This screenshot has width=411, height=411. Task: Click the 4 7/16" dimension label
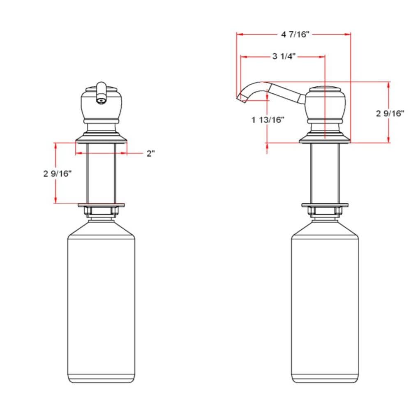click(294, 35)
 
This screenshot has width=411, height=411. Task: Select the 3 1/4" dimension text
click(284, 56)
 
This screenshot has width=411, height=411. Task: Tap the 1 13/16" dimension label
click(268, 120)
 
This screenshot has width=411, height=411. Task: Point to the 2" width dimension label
click(151, 154)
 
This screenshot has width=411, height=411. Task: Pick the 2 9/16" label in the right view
click(390, 113)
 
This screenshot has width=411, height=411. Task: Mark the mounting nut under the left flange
click(101, 212)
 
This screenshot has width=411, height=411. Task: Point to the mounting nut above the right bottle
click(325, 212)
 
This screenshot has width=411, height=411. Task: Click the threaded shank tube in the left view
click(101, 173)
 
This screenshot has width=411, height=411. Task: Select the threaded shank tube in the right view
click(325, 173)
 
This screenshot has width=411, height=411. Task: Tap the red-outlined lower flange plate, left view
click(101, 204)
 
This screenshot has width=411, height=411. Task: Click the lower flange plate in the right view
click(325, 205)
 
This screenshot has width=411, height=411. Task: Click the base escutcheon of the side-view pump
click(325, 139)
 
